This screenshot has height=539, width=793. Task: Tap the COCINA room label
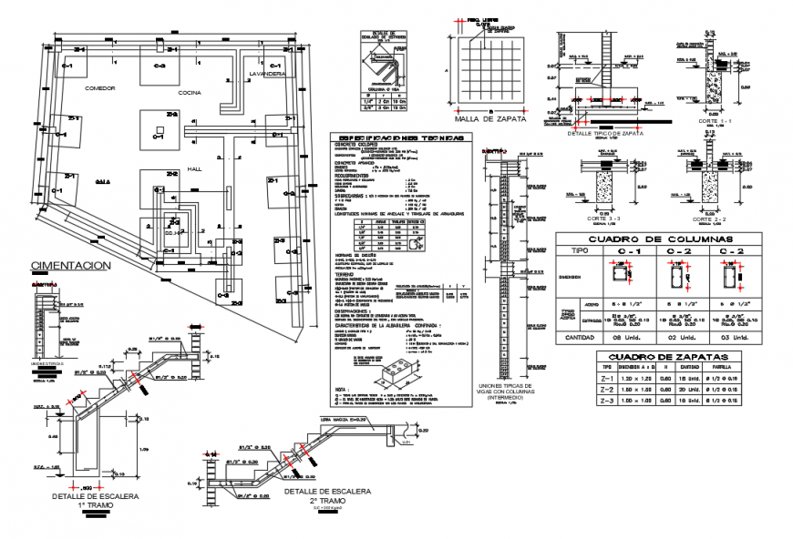191,93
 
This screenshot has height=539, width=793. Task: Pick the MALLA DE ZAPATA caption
484,119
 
